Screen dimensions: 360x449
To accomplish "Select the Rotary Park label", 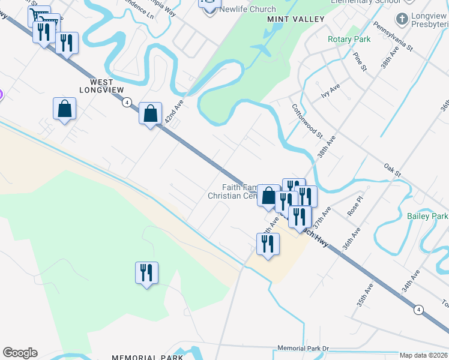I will pos(349,40).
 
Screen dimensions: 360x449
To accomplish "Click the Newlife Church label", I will pos(247,9).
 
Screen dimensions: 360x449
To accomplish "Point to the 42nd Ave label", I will pos(173,113).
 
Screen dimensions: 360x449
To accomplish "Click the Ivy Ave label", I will pos(330,94).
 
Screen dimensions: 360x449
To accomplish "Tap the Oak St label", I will pos(393,167).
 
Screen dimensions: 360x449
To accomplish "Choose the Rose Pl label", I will pos(356,206).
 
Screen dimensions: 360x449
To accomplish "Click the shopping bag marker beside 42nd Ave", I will pos(150,112).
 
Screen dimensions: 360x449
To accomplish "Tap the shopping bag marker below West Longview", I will pos(64,109).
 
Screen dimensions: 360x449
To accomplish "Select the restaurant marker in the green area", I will pos(146,273).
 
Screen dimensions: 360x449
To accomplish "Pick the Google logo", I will pos(20,353).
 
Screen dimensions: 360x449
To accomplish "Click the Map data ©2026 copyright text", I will pos(423,355).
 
